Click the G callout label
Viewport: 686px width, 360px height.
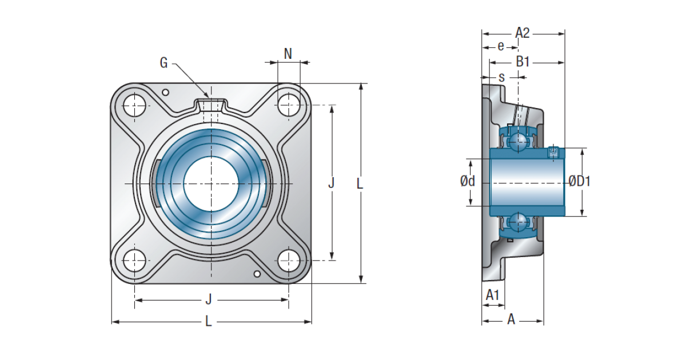[x=164, y=63]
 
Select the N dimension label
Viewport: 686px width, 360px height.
[x=288, y=54]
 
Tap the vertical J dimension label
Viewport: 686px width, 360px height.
[x=331, y=183]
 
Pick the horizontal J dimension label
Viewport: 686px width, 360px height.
[x=209, y=299]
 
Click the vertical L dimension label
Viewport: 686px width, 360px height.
[x=360, y=183]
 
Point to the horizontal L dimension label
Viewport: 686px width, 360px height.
[x=208, y=321]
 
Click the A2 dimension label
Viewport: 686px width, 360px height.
[x=522, y=33]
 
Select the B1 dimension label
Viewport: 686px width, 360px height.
[x=523, y=62]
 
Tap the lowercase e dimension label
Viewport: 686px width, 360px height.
[x=501, y=46]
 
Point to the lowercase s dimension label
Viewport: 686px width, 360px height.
[x=501, y=78]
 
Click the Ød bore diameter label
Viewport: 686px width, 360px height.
[x=468, y=181]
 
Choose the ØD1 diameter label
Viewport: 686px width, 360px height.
[x=580, y=181]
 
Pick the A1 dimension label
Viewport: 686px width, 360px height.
[x=492, y=295]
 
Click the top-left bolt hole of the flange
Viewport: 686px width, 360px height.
[x=134, y=105]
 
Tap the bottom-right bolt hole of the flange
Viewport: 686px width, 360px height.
[x=289, y=261]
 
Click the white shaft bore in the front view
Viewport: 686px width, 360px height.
[x=211, y=183]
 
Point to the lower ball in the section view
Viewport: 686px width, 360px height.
[x=518, y=222]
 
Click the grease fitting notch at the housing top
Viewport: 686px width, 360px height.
[x=211, y=105]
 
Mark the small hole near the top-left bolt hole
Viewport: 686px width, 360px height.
[x=165, y=92]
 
